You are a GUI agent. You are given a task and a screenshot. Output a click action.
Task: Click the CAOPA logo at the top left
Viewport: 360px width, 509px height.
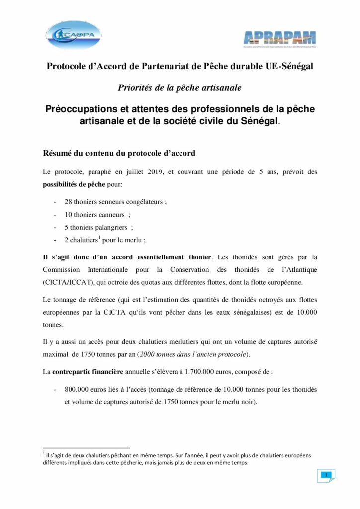(74, 35)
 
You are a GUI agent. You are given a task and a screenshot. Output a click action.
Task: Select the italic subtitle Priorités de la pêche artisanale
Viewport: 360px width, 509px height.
(180, 88)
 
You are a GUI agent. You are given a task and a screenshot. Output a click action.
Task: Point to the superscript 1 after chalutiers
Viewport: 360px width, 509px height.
(98, 238)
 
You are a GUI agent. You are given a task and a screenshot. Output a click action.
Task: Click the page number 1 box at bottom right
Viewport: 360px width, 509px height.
(326, 475)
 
